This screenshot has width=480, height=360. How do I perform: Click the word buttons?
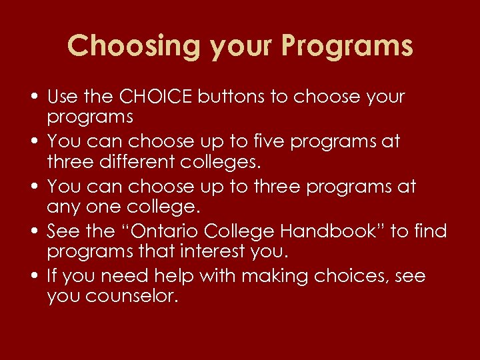click(234, 97)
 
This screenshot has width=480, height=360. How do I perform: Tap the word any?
click(65, 206)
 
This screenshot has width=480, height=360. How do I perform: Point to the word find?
click(431, 231)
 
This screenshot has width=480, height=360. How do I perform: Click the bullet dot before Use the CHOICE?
click(32, 97)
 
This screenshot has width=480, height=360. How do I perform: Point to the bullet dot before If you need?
click(32, 277)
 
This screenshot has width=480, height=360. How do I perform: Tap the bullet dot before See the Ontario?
click(32, 232)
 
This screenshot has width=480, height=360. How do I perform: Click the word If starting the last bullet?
click(53, 276)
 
